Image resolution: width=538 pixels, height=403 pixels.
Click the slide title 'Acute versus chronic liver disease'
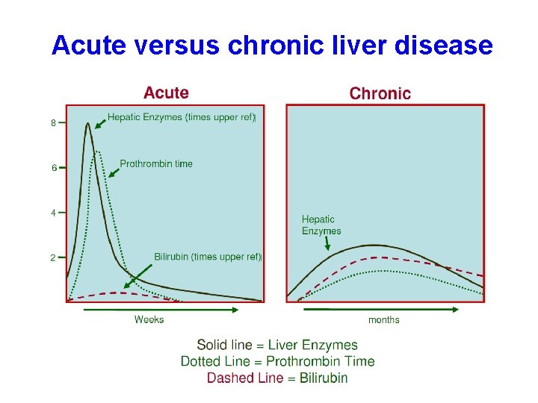point(272,46)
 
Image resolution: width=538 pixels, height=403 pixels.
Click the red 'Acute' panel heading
point(166,93)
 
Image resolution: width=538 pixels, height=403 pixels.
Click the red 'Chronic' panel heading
point(380,94)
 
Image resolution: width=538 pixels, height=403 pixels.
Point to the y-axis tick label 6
point(53,168)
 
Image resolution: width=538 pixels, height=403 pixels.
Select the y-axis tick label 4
point(53,213)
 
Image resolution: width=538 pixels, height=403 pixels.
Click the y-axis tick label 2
point(53,257)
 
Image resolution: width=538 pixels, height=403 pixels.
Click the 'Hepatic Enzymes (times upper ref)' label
point(182,117)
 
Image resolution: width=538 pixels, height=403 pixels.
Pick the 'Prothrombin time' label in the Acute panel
point(156,163)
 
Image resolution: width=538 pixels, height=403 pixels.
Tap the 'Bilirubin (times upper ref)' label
point(208,257)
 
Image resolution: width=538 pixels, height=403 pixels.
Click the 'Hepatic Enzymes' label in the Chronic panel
point(321,225)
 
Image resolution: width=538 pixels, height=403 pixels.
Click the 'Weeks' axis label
point(149,319)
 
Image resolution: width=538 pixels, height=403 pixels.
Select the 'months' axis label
point(383,320)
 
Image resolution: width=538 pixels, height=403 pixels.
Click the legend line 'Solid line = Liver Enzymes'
point(277,345)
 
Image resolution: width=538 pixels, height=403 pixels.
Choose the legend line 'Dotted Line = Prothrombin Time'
point(277,361)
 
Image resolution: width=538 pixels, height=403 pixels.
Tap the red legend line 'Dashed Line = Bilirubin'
point(277,378)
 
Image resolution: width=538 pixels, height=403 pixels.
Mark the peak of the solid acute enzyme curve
point(88,124)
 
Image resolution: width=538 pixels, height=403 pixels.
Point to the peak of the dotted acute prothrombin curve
point(97,152)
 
